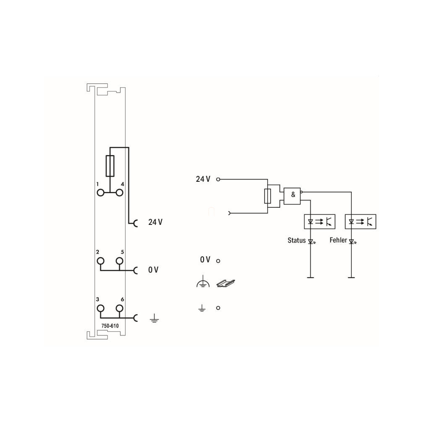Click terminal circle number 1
click(101, 193)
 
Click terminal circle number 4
click(119, 193)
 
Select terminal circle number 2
click(101, 261)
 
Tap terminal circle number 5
click(119, 261)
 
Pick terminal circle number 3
click(101, 308)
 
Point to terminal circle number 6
click(119, 308)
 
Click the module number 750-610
click(110, 326)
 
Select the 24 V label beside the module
click(155, 222)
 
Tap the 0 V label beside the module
click(153, 269)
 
